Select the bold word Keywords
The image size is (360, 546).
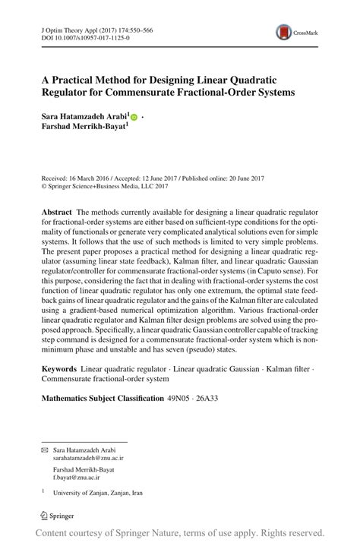pos(59,368)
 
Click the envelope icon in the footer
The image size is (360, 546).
pos(44,450)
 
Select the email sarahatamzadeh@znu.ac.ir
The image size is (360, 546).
pos(87,459)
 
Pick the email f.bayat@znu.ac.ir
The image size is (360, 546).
pos(77,480)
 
